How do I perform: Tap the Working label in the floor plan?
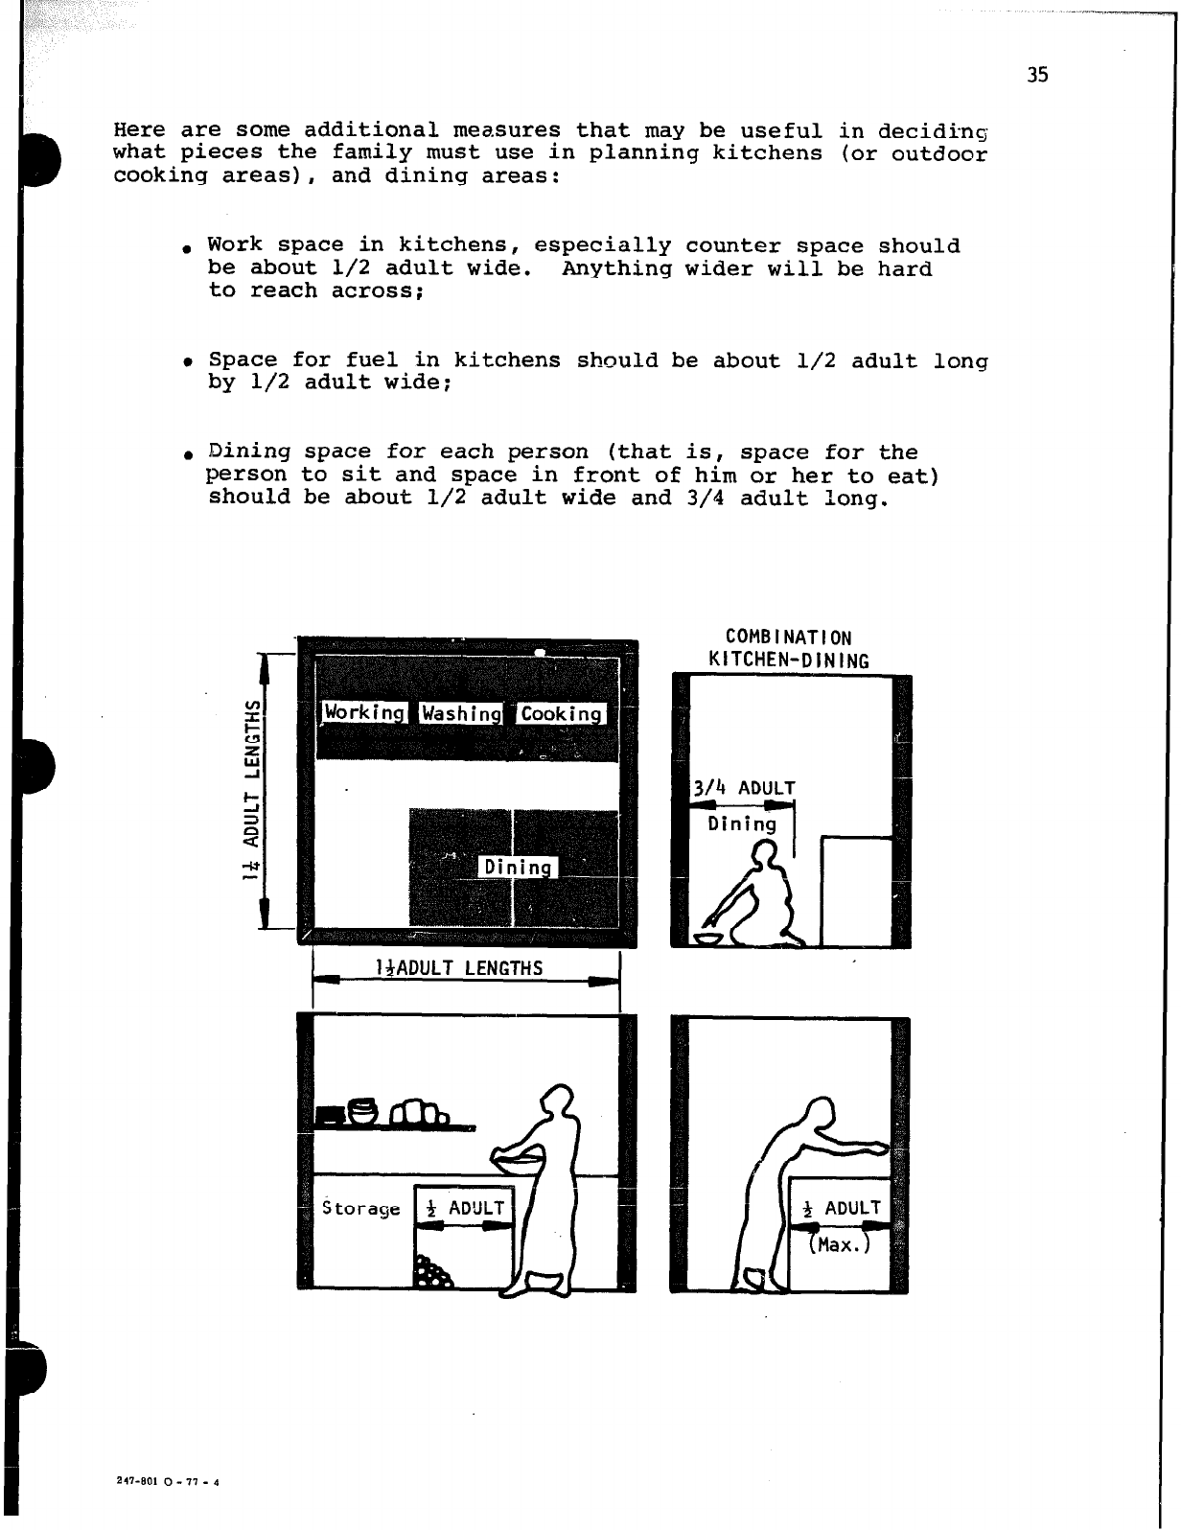pyautogui.click(x=364, y=712)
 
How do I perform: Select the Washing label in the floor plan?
pyautogui.click(x=462, y=713)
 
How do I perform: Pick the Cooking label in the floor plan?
pyautogui.click(x=562, y=713)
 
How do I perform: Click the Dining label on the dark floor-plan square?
pyautogui.click(x=518, y=868)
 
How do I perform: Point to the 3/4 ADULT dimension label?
pyautogui.click(x=744, y=788)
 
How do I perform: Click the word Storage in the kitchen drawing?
pyautogui.click(x=361, y=1208)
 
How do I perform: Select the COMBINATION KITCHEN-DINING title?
pyautogui.click(x=789, y=649)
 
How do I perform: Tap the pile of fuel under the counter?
pyautogui.click(x=430, y=1272)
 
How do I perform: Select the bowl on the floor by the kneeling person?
pyautogui.click(x=709, y=938)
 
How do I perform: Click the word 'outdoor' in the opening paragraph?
pyautogui.click(x=938, y=153)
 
